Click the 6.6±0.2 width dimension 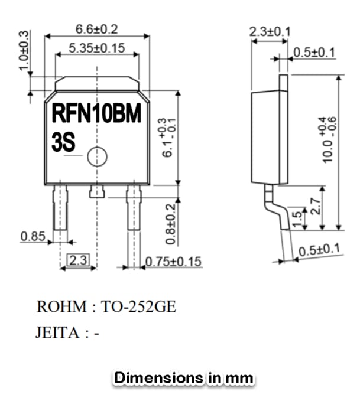[97, 29]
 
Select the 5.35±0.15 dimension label [97, 48]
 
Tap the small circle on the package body [96, 157]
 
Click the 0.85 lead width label [33, 236]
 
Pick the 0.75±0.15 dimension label [173, 261]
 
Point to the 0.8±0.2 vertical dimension [171, 224]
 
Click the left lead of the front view [60, 208]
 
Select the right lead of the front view [134, 208]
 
